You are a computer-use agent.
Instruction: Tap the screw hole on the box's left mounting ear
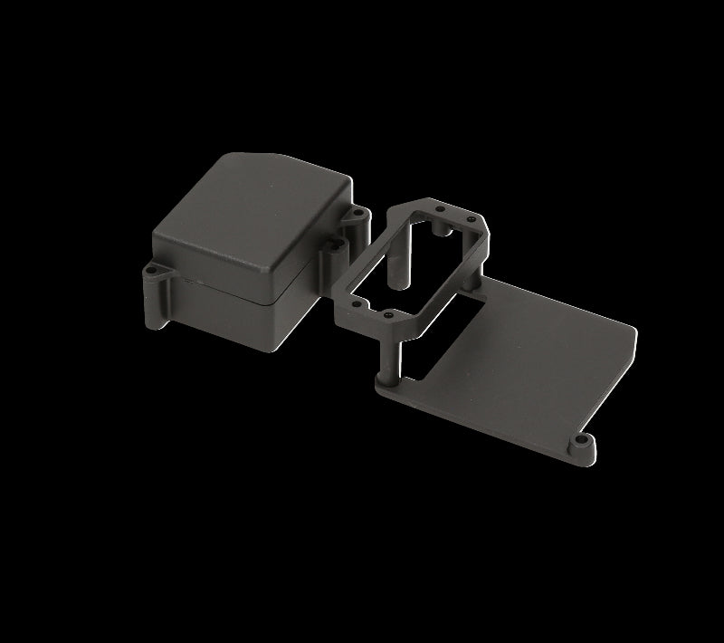(x=152, y=269)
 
